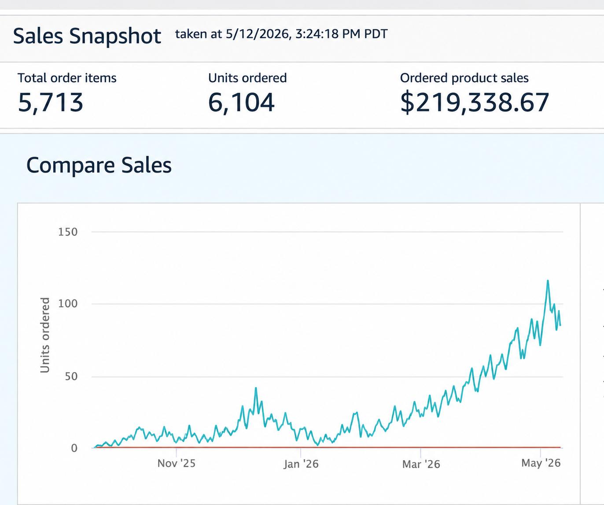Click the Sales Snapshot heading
87,37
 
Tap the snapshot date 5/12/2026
257,34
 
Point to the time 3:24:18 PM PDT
341,34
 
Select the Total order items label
67,78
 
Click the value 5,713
51,103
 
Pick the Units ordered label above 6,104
247,78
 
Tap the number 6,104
241,103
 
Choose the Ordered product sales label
464,78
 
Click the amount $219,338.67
475,103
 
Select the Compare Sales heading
99,165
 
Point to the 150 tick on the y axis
68,232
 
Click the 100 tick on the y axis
68,304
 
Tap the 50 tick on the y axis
71,376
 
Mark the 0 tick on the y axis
74,448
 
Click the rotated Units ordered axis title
45,335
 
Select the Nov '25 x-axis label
177,463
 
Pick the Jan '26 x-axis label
301,464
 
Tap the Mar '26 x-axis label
421,464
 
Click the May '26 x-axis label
541,463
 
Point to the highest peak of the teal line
548,280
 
